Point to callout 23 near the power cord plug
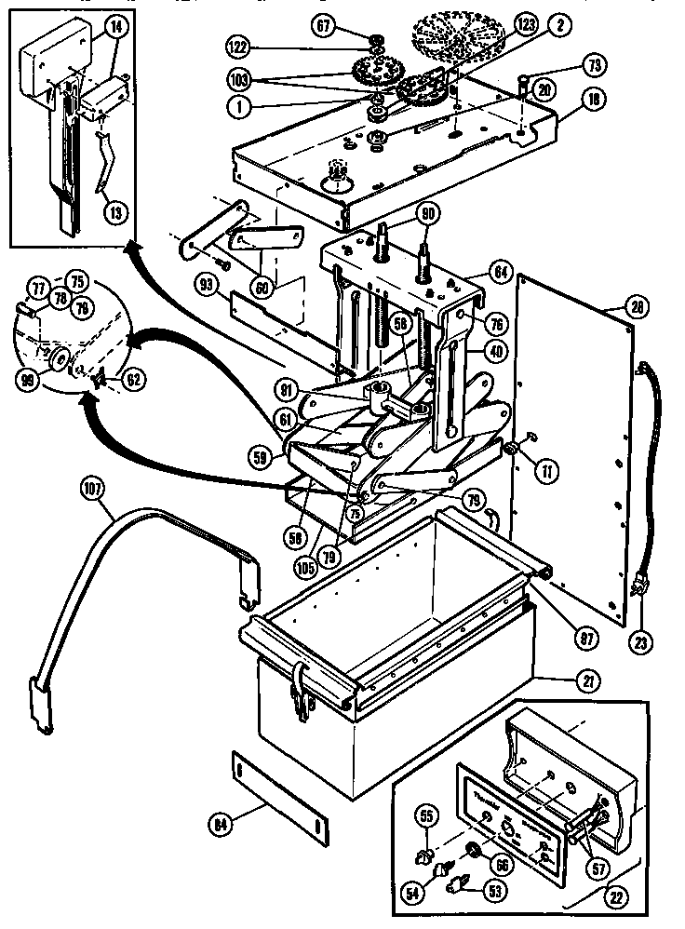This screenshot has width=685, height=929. (643, 640)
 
